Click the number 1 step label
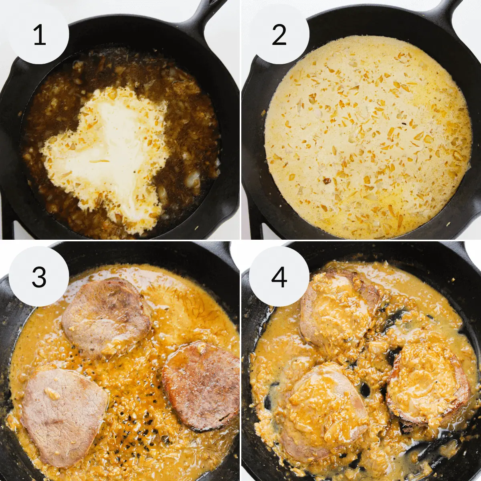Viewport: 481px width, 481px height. pos(39,35)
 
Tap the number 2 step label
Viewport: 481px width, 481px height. pos(279,35)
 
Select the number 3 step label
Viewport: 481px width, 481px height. pos(39,277)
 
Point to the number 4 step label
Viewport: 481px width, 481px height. pos(279,277)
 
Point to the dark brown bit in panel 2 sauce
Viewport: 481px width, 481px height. pos(327,180)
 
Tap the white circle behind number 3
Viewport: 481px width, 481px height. pos(39,276)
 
